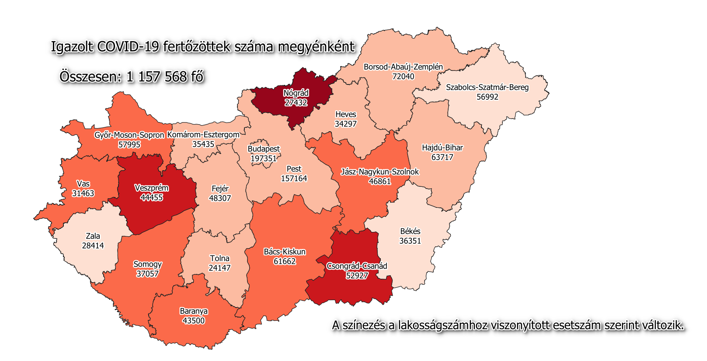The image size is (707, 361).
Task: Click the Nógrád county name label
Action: (296, 93)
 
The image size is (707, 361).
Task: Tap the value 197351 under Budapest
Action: (264, 158)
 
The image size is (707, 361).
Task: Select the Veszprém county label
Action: (151, 188)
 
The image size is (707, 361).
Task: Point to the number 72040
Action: (403, 77)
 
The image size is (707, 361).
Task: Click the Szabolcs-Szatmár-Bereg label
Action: (487, 88)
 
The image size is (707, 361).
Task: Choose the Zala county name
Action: (93, 236)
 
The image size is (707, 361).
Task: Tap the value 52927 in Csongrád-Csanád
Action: (357, 276)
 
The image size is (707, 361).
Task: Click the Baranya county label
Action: (194, 311)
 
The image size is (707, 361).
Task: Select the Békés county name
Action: (410, 231)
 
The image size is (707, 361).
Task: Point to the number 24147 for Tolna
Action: (219, 268)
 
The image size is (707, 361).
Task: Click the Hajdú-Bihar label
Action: (442, 148)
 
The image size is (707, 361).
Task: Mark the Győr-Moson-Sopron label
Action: (129, 135)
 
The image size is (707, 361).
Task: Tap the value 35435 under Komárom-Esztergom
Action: (203, 144)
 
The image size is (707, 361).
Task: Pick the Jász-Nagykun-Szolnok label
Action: (380, 172)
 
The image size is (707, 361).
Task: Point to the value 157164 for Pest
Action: (294, 179)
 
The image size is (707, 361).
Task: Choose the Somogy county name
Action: (147, 264)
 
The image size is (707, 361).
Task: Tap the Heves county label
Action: (345, 115)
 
